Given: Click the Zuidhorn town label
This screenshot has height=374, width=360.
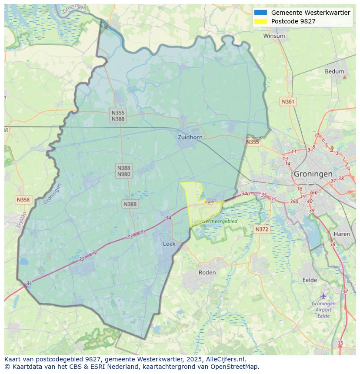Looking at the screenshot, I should (x=190, y=137).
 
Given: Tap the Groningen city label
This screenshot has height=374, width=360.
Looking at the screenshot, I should (x=313, y=174).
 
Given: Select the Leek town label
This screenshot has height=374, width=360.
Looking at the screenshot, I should (x=169, y=244).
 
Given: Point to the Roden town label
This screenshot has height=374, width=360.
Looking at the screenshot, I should (x=207, y=272).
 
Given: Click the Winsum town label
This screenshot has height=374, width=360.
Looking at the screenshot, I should (x=274, y=36).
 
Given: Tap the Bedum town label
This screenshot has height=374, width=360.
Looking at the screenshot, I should (x=334, y=72).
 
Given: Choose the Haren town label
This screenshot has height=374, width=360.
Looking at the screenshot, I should (x=342, y=234).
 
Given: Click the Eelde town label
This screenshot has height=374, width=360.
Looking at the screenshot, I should (x=310, y=280).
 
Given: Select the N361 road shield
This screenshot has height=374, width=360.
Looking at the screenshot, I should (x=288, y=102).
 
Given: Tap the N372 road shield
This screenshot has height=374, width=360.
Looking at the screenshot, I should (x=262, y=229).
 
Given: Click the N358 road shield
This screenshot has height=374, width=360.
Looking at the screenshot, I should (x=23, y=200).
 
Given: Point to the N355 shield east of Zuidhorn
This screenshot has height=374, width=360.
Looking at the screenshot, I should (x=252, y=142).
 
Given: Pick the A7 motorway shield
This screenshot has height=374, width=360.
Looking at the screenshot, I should (x=210, y=203).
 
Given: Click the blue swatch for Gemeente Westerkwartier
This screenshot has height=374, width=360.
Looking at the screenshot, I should (x=260, y=13).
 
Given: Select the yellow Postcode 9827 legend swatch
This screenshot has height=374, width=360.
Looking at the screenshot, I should (x=260, y=21).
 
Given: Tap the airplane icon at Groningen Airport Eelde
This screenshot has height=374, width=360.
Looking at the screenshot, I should (x=323, y=296).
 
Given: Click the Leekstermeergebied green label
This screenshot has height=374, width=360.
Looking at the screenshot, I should (x=214, y=221).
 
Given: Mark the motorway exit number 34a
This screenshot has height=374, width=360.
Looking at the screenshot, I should (x=246, y=194).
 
